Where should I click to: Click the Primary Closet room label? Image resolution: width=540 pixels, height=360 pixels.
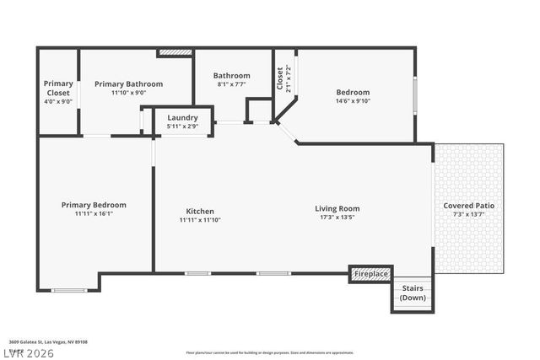[x=58, y=88]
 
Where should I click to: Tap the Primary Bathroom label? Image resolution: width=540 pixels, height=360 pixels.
[x=128, y=83]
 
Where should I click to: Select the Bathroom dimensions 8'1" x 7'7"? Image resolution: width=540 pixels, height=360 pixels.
[x=231, y=84]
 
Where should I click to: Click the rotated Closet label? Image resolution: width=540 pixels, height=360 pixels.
[x=280, y=78]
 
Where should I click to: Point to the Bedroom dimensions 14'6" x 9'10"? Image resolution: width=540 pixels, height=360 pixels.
[x=353, y=101]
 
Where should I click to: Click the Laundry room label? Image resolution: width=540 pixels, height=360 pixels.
[x=182, y=117]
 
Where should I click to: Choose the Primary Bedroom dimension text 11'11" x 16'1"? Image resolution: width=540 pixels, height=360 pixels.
[x=94, y=213]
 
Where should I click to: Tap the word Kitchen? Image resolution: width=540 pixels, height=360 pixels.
[x=200, y=211]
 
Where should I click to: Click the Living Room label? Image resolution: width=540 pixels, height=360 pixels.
[x=337, y=208]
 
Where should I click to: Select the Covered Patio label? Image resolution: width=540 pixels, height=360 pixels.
[x=469, y=206]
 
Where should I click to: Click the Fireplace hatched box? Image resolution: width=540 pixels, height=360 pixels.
[x=371, y=274]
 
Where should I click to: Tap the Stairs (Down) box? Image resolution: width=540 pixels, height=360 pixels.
[x=413, y=294]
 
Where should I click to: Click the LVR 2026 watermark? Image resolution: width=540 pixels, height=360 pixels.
[x=27, y=352]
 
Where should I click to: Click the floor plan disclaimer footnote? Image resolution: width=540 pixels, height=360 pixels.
[x=270, y=352]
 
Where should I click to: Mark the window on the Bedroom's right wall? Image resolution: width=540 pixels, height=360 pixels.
[x=414, y=94]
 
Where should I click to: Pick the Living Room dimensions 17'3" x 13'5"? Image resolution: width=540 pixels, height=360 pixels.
[x=337, y=217]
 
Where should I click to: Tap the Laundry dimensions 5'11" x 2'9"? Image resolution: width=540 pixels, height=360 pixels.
[x=182, y=126]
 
